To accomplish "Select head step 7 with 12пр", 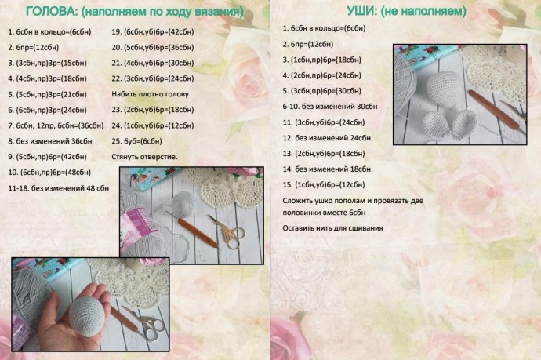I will tap(56, 125).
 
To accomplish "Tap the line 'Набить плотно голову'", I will tap(151, 94).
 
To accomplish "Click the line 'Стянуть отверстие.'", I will tap(145, 157).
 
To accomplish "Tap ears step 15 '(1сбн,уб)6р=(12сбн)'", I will tap(324, 184).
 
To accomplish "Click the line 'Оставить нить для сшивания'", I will tap(333, 228).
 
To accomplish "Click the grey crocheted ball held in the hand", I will tap(89, 315).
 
